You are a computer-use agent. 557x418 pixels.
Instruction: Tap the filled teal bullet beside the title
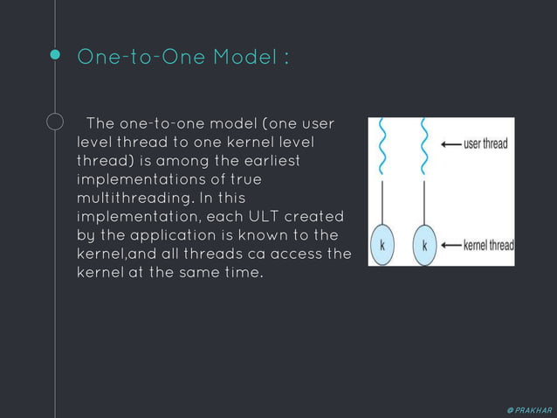point(55,55)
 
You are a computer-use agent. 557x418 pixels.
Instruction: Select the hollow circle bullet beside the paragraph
point(55,122)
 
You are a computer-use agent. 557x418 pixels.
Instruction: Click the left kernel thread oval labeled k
point(382,246)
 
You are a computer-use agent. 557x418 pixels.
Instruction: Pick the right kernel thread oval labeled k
point(424,246)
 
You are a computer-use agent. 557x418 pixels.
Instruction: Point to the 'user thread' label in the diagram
point(485,143)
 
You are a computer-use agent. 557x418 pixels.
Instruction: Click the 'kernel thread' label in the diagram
point(489,245)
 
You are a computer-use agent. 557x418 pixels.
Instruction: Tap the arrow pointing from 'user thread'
point(450,143)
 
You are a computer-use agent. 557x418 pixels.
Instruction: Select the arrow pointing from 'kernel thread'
point(450,245)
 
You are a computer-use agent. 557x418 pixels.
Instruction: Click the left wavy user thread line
point(382,144)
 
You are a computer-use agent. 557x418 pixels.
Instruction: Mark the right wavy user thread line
point(424,144)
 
